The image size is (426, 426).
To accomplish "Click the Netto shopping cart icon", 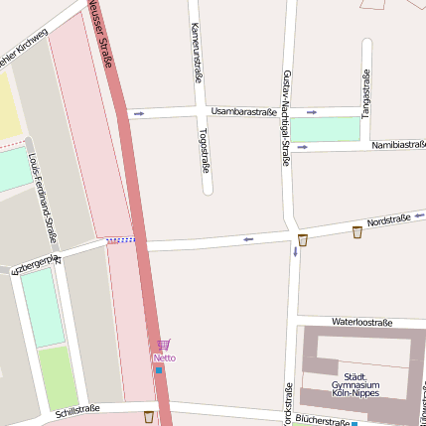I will click(164, 345).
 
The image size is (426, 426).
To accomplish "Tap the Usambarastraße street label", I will click(243, 112).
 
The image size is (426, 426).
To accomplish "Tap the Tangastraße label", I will click(366, 94).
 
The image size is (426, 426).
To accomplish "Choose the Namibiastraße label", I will click(398, 145).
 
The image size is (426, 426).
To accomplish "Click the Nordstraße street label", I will click(388, 221).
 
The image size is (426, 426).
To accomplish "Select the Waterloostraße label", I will click(362, 323).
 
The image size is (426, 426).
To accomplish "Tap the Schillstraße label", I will click(78, 410).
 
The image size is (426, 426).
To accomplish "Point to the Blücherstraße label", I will click(323, 422).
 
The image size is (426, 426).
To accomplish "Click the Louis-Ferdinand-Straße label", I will click(44, 199).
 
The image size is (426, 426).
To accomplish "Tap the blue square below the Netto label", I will click(159, 370).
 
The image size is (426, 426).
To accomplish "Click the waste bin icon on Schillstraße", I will click(149, 417).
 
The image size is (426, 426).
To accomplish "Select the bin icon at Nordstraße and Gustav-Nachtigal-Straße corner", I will click(302, 239).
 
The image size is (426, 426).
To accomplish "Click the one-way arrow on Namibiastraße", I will click(302, 147).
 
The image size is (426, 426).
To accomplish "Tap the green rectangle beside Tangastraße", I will click(325, 129).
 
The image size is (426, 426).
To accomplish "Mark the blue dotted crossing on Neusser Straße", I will click(121, 239).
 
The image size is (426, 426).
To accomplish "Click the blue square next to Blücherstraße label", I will click(355, 423).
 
